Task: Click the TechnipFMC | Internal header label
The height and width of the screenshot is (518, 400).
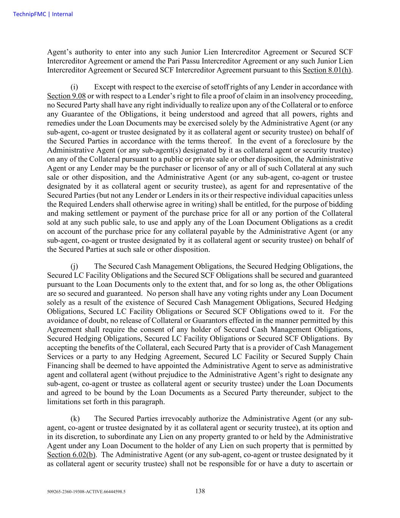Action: tap(43, 14)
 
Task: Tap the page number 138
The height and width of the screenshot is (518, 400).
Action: tap(200, 491)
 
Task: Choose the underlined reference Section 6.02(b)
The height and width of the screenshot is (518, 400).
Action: tap(71, 455)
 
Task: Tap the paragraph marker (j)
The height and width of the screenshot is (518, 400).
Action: tap(74, 266)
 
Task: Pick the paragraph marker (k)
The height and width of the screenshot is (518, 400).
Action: tap(75, 419)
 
